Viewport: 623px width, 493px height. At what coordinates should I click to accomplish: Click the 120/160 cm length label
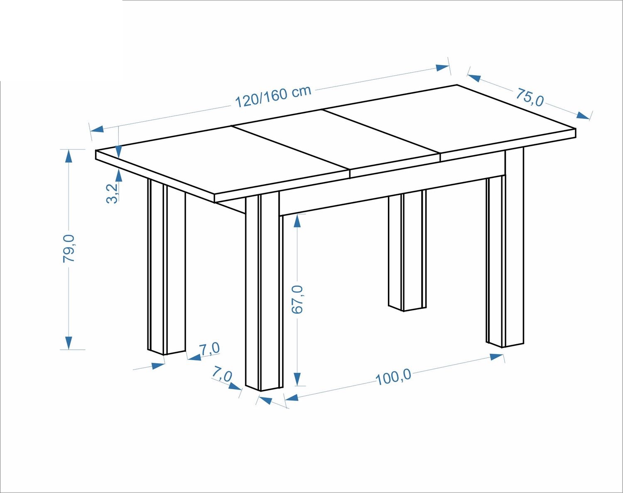273,96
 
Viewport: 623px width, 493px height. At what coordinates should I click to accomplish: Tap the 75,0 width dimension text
530,97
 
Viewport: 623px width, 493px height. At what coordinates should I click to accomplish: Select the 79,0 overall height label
69,249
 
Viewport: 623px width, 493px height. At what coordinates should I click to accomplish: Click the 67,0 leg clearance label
297,300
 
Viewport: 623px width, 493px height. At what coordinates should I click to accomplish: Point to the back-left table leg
167,266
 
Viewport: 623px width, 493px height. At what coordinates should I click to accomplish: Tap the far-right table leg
505,248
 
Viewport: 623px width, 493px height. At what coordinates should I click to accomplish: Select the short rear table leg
407,251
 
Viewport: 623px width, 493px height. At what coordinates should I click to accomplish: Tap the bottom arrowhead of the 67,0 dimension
298,379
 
